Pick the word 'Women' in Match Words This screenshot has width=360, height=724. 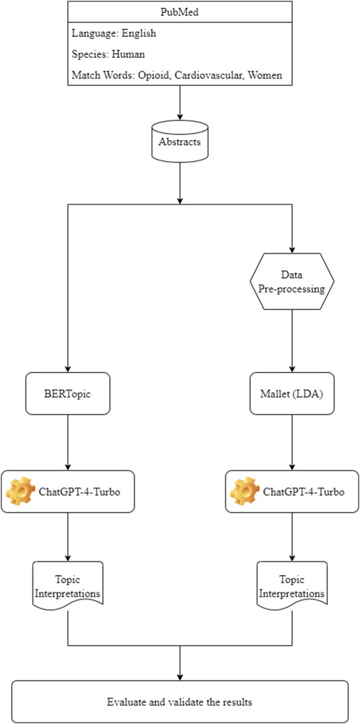[265, 75]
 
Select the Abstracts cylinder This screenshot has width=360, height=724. [180, 141]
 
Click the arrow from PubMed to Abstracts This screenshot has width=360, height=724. [180, 103]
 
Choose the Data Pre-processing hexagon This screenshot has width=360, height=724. [291, 281]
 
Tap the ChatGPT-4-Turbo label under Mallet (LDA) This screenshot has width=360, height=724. [304, 491]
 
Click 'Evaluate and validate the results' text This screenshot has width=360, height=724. [179, 702]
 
